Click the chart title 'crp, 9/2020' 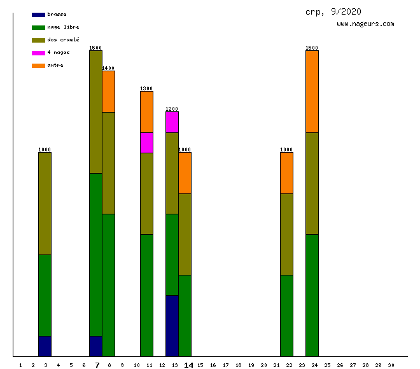tap(333, 11)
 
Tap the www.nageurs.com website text tap(365, 24)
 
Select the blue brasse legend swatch tap(38, 15)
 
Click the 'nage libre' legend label tap(63, 27)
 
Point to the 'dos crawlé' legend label tap(63, 40)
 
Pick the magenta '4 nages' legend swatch tap(38, 53)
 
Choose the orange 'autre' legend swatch tap(38, 66)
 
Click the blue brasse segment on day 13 tap(172, 326)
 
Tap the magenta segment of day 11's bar tap(146, 143)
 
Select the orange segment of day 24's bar tap(312, 92)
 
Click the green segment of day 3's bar tap(45, 295)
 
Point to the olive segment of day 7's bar tap(95, 112)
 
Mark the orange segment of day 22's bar tap(286, 173)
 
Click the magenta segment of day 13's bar tap(172, 122)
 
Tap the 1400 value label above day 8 tap(108, 68)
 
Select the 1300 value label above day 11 tap(146, 88)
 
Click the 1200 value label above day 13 tap(172, 109)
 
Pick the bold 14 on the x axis tap(188, 365)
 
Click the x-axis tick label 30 tap(391, 365)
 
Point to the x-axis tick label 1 tap(21, 365)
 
